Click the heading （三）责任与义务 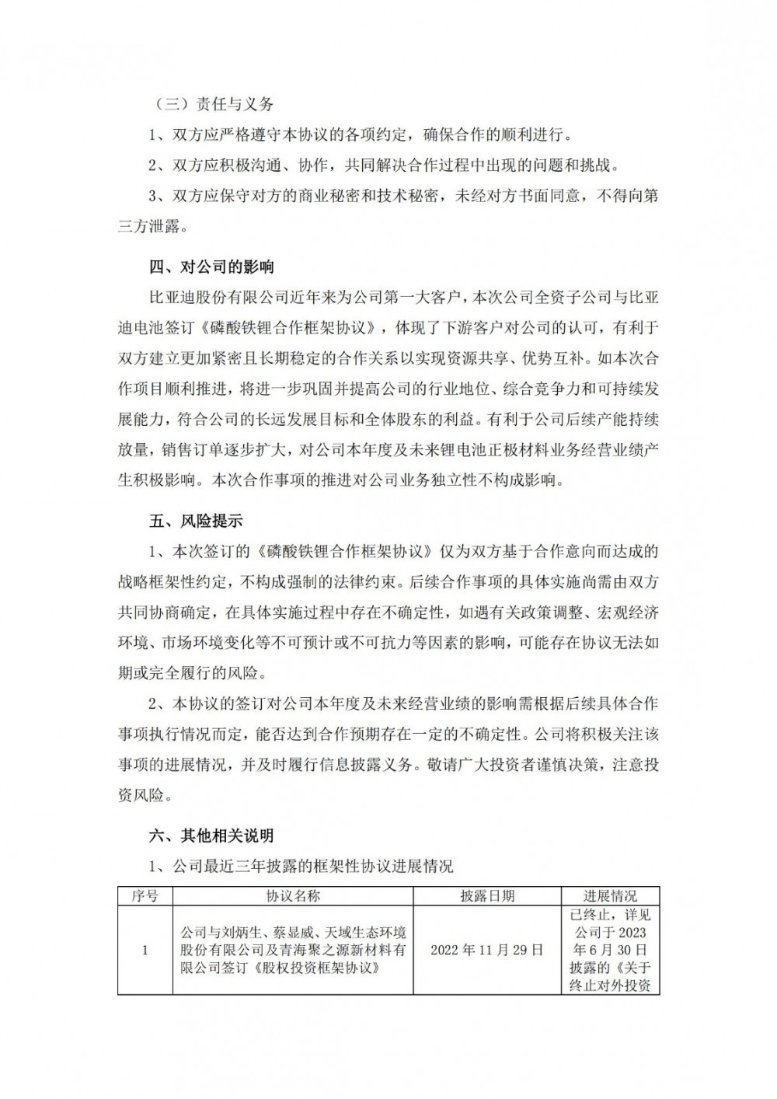point(211,104)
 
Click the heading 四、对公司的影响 point(211,267)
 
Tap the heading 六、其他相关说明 point(211,836)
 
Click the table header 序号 point(145,895)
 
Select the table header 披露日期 point(486,895)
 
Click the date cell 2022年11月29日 point(486,950)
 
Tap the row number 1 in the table point(145,950)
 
